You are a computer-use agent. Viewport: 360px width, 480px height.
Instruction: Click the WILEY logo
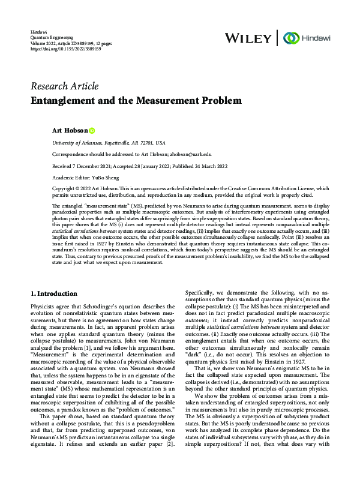[x=247, y=38]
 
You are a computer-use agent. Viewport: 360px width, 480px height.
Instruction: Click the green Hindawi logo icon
[x=291, y=37]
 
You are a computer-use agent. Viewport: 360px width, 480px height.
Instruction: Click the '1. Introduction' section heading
[x=62, y=293]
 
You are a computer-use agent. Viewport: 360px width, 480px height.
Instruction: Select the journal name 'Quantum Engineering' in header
[x=52, y=37]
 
